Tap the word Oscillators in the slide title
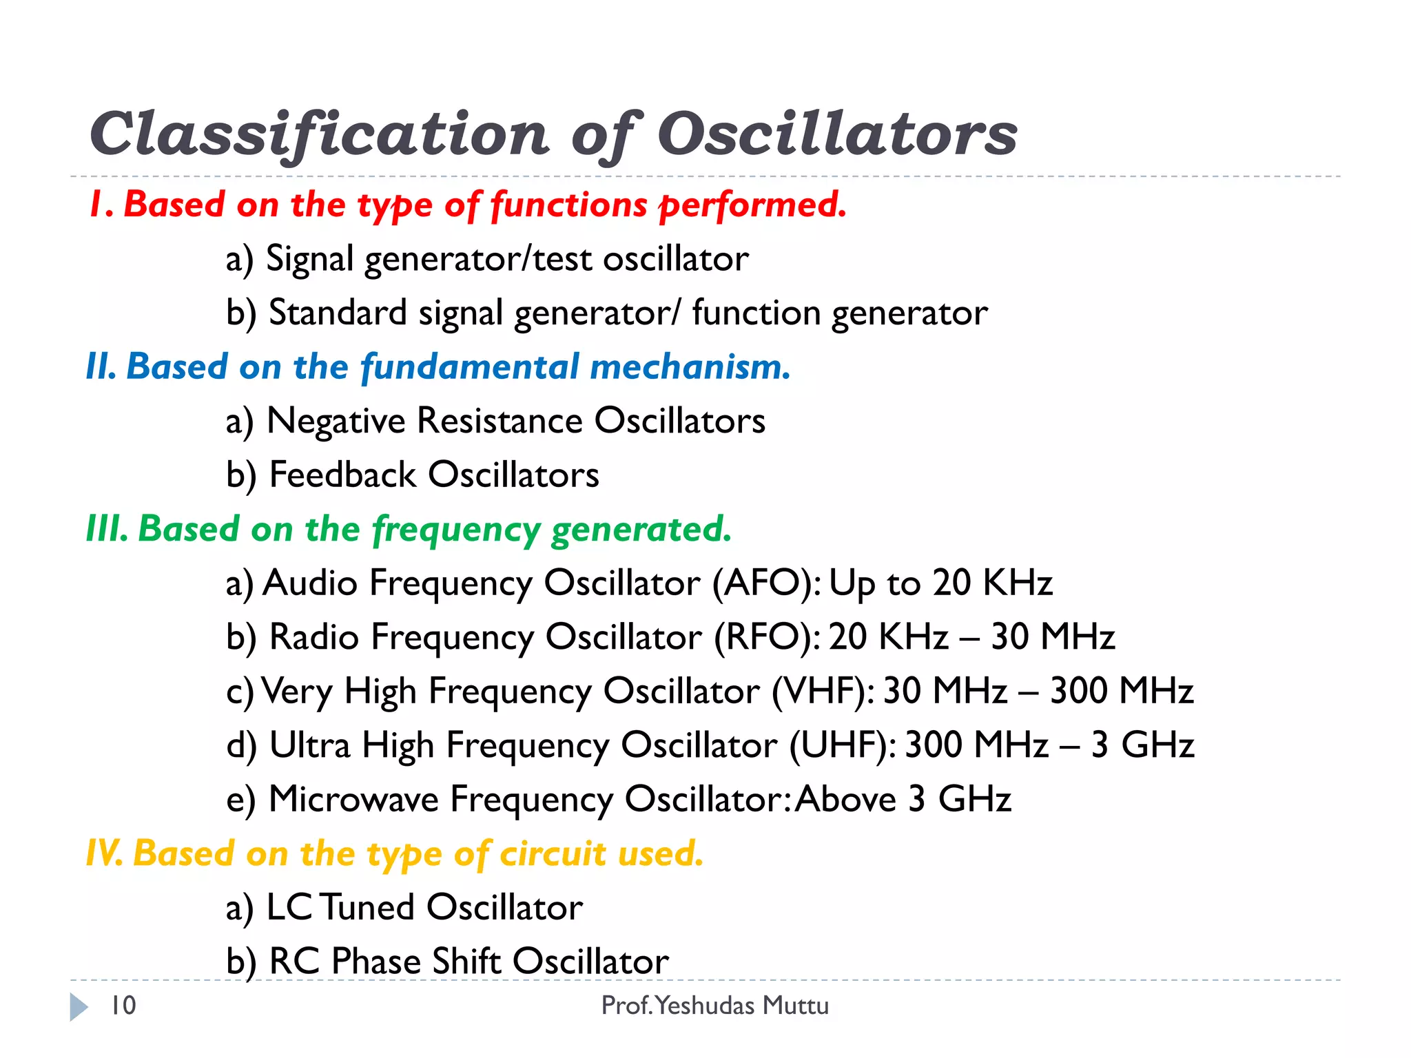point(836,134)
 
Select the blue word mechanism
point(690,366)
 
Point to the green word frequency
point(455,530)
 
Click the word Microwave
point(353,800)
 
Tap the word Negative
point(336,421)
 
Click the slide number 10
point(123,1006)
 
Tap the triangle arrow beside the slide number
point(79,1007)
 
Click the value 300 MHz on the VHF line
point(1121,691)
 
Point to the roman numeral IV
point(104,854)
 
